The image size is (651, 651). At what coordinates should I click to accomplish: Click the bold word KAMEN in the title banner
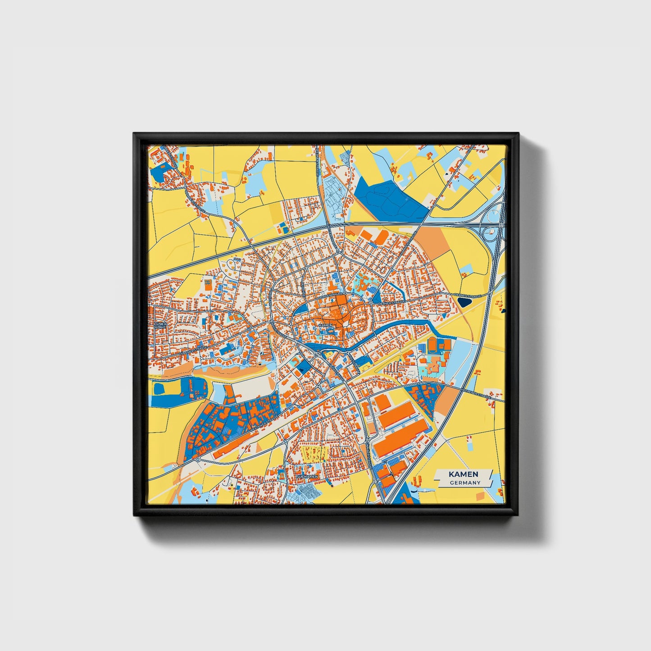[x=464, y=474]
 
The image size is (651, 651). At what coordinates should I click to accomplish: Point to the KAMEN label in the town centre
[x=325, y=325]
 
